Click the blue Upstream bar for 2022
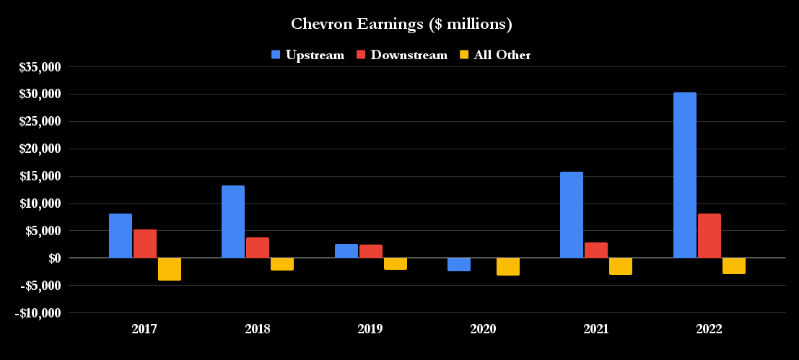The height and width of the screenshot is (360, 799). pyautogui.click(x=684, y=175)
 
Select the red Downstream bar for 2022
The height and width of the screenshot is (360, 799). pyautogui.click(x=709, y=236)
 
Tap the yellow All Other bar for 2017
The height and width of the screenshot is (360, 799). pyautogui.click(x=170, y=269)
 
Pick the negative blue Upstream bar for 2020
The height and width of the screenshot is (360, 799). pyautogui.click(x=458, y=264)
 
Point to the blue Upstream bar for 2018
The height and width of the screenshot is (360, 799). pyautogui.click(x=233, y=221)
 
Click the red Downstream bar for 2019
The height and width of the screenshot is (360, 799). pyautogui.click(x=371, y=251)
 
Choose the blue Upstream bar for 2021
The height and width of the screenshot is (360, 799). pyautogui.click(x=572, y=215)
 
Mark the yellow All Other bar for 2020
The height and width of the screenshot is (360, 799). pyautogui.click(x=508, y=266)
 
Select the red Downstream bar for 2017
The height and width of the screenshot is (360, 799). pyautogui.click(x=145, y=244)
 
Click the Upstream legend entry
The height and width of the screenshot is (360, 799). pyautogui.click(x=307, y=55)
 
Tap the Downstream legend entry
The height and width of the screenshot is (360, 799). pyautogui.click(x=402, y=55)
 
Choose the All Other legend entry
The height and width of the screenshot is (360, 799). pyautogui.click(x=495, y=55)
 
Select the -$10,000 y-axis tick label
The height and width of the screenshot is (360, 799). pyautogui.click(x=38, y=313)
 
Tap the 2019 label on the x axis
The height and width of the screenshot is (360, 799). pyautogui.click(x=370, y=329)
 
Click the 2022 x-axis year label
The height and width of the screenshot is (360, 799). pyautogui.click(x=709, y=329)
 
